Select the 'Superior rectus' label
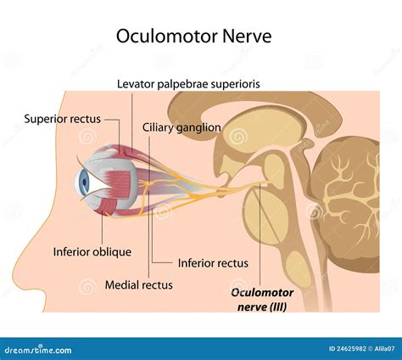click(63, 118)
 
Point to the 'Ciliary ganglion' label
click(183, 127)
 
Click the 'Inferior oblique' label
click(88, 252)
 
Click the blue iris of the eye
click(84, 182)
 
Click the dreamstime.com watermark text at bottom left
click(34, 349)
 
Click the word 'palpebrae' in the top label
click(191, 83)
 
